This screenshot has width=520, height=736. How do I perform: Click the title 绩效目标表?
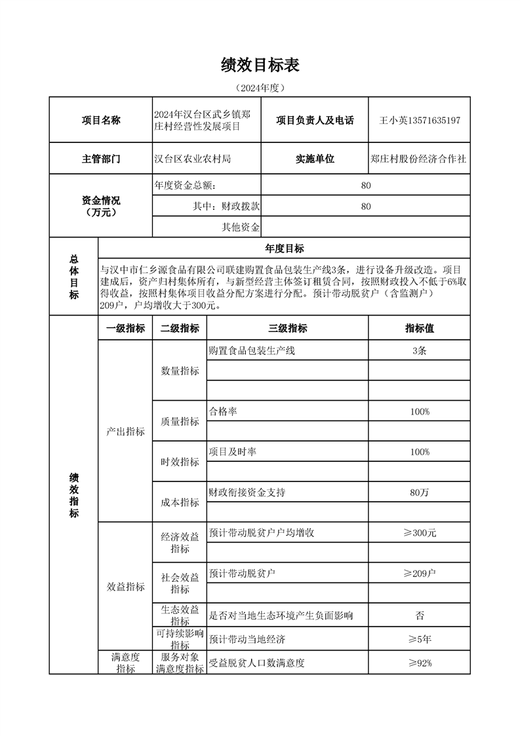click(x=260, y=65)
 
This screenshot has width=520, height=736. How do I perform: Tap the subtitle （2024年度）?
click(x=260, y=88)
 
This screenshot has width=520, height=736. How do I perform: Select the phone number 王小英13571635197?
click(x=420, y=121)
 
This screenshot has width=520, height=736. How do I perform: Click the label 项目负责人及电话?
click(x=315, y=121)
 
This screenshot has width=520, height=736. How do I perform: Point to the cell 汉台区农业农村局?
click(x=193, y=159)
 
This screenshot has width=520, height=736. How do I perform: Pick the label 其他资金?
click(x=240, y=228)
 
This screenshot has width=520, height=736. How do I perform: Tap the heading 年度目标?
click(x=284, y=248)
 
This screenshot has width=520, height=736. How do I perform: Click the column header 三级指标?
click(x=287, y=329)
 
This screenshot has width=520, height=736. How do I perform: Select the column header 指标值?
click(x=420, y=329)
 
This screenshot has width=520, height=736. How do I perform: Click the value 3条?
click(x=420, y=350)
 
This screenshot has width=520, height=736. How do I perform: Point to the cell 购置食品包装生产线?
click(x=252, y=350)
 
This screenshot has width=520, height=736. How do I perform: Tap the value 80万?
click(x=420, y=492)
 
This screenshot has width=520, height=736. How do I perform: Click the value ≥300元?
click(x=420, y=533)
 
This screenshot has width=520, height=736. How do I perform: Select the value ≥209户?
click(x=420, y=573)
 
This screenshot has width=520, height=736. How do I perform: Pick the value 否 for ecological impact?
click(x=420, y=615)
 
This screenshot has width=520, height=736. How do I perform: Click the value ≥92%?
click(x=420, y=663)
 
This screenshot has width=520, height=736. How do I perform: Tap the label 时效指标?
click(x=180, y=462)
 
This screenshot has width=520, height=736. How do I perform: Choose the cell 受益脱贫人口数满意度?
click(x=257, y=663)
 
